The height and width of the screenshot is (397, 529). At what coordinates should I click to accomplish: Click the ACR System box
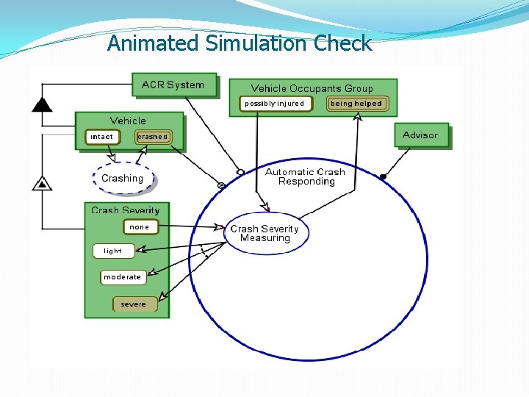tap(173, 85)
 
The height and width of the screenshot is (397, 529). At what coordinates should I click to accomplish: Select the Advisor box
tap(420, 135)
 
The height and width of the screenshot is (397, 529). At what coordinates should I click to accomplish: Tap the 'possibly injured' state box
tap(275, 104)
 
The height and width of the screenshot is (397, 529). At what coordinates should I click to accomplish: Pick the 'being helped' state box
tap(356, 104)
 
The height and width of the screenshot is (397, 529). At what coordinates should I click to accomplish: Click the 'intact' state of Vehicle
tap(101, 137)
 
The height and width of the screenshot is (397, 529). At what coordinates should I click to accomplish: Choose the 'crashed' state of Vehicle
tap(153, 137)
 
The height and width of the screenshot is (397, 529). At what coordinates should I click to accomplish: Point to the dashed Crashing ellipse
tap(123, 179)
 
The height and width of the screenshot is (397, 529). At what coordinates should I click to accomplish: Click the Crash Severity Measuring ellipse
tap(265, 233)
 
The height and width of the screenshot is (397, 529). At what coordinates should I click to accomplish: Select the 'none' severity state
tap(140, 227)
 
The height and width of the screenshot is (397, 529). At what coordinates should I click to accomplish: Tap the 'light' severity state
tap(113, 251)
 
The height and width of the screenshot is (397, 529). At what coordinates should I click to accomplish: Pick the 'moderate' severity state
tap(122, 277)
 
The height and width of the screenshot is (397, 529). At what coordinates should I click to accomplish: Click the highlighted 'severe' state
tap(134, 304)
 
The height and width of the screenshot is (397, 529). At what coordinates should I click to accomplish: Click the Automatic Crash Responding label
tap(306, 176)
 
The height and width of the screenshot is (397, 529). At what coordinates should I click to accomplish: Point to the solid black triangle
tap(43, 104)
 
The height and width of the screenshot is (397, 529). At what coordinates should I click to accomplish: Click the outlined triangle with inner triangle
tap(43, 183)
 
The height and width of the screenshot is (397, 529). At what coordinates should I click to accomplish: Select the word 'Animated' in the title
tap(153, 43)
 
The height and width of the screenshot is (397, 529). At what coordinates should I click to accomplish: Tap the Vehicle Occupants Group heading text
tap(312, 88)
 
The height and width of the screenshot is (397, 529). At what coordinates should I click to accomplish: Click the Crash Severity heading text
tap(126, 210)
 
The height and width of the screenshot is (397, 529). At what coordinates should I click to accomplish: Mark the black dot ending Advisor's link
tap(383, 176)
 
